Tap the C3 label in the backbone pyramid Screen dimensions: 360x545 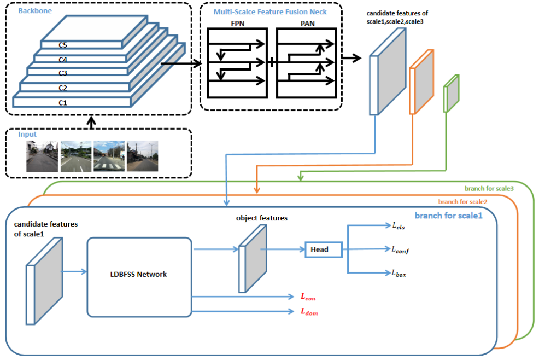63,73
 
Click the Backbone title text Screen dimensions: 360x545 33,10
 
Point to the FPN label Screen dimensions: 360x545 236,24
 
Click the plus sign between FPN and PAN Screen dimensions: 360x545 272,63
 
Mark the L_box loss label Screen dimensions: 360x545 397,272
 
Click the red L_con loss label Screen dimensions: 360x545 308,297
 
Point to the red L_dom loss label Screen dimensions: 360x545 309,312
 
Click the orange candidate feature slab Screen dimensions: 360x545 421,83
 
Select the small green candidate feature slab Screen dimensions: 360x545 452,93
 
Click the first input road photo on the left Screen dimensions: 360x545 42,156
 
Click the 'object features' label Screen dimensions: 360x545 262,218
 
